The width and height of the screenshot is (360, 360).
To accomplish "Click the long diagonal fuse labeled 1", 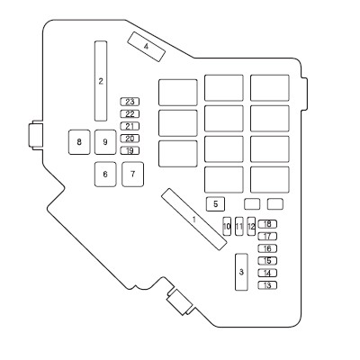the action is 194,220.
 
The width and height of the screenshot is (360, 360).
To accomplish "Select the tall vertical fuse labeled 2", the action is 101,81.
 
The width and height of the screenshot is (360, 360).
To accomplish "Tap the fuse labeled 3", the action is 241,272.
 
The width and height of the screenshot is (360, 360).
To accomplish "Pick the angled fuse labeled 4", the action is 146,47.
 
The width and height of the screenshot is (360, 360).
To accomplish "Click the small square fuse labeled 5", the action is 215,204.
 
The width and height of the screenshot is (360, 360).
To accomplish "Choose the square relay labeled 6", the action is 105,175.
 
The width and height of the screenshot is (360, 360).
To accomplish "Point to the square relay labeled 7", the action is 132,175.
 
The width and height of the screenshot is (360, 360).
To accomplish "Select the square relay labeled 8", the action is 79,142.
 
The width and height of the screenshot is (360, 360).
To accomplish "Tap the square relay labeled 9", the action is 105,142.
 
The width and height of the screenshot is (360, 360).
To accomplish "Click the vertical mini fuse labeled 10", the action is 227,226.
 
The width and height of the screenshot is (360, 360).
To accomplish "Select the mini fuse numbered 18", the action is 267,224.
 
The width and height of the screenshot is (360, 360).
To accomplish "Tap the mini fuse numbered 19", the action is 130,150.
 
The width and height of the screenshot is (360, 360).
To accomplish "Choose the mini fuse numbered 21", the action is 130,126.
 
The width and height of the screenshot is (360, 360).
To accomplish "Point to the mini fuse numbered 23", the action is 130,102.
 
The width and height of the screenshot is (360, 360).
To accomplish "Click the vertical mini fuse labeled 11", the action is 239,226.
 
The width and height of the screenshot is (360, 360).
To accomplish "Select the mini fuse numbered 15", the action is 267,261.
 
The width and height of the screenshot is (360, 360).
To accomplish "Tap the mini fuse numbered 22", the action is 130,114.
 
